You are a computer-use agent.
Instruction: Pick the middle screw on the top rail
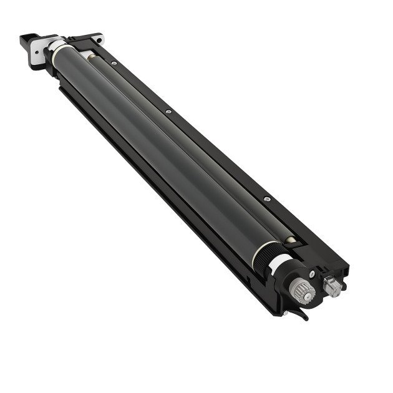point(170,112)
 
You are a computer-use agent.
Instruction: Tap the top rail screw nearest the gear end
point(266,199)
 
